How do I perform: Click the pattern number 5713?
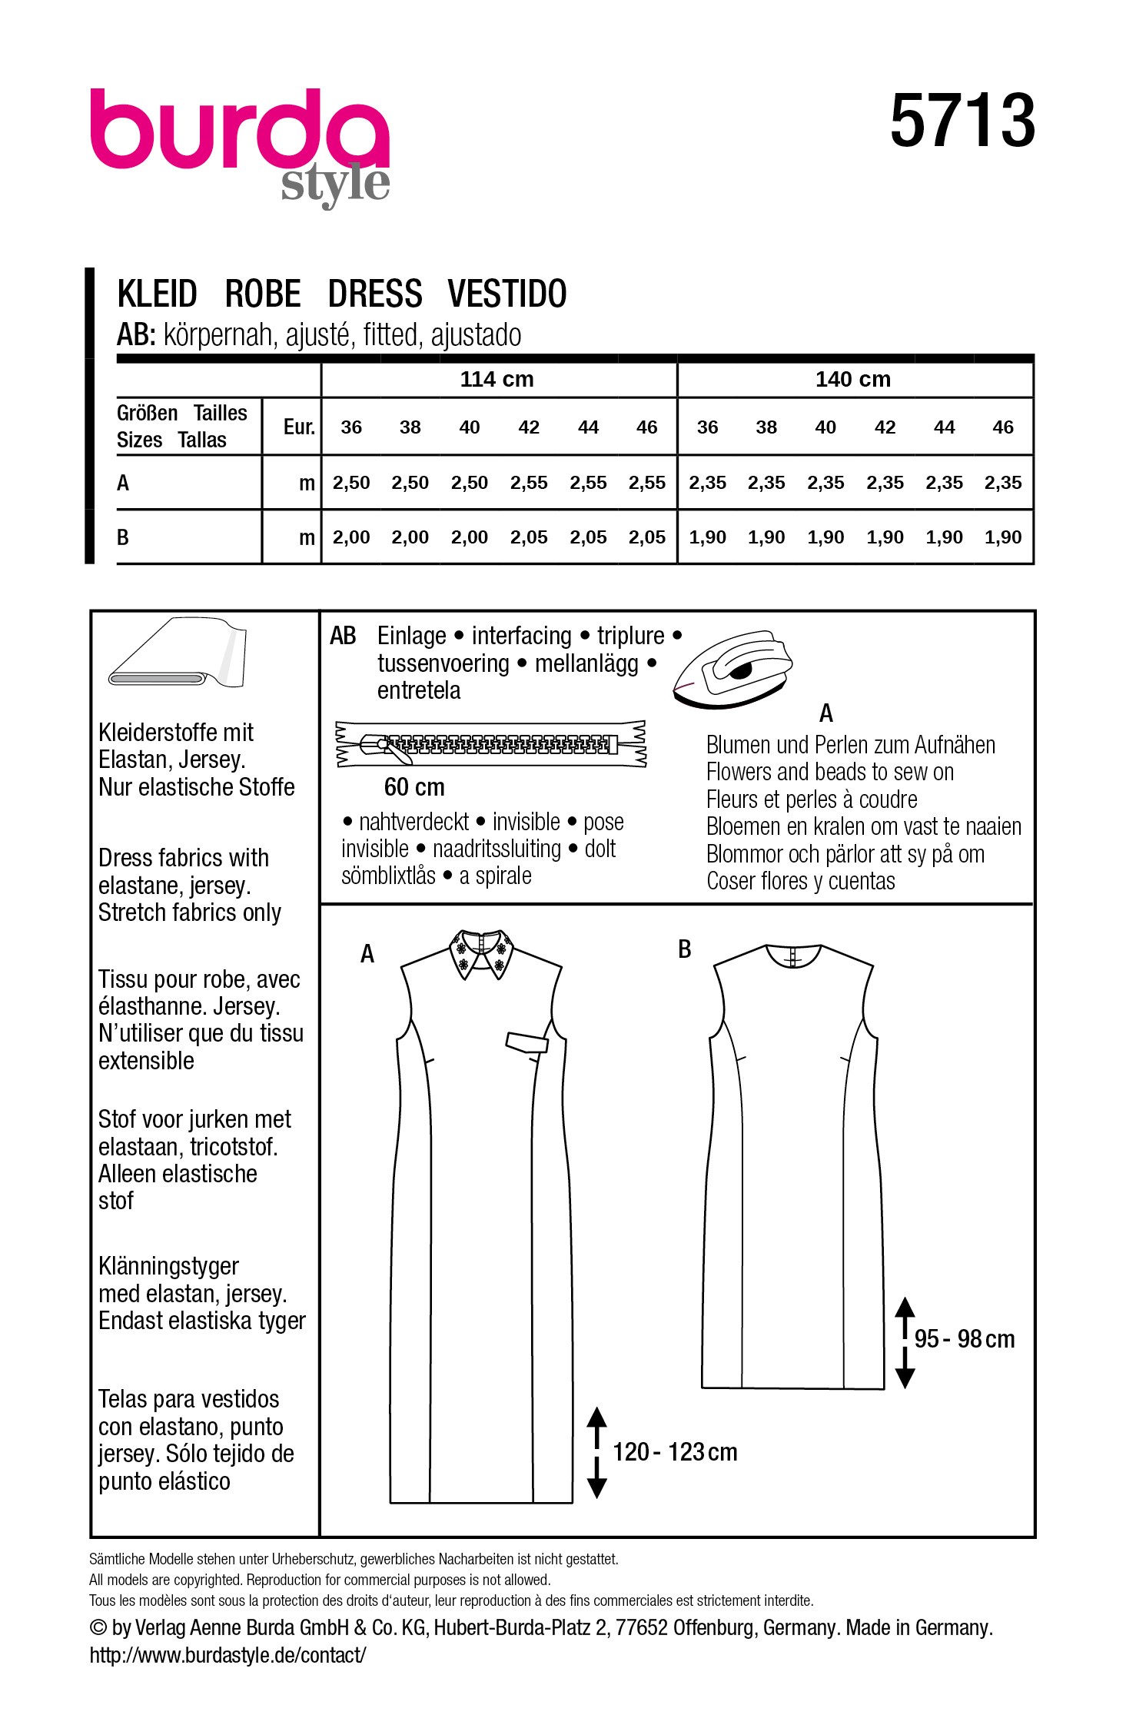(x=962, y=121)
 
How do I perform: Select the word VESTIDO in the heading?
(x=507, y=294)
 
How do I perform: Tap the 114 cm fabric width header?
(x=497, y=379)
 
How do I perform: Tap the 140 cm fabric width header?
(x=852, y=379)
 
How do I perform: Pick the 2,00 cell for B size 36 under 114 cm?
(x=351, y=537)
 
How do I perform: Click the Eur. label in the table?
(x=299, y=427)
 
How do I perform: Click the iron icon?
(x=733, y=667)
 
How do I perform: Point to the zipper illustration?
(x=490, y=744)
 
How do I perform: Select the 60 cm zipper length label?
(x=414, y=787)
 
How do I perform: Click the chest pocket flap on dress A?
(x=526, y=1042)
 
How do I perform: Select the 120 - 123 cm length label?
(x=674, y=1452)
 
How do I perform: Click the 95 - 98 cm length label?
(x=964, y=1339)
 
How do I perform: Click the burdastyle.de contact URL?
(x=228, y=1654)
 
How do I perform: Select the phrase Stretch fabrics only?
(x=190, y=912)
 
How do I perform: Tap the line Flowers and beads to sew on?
(x=829, y=772)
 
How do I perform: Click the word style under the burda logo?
(x=335, y=184)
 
